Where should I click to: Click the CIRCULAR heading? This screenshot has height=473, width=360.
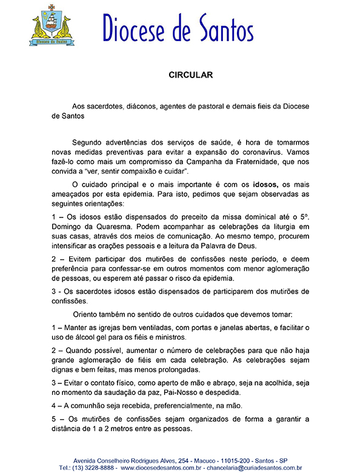pyautogui.click(x=189, y=76)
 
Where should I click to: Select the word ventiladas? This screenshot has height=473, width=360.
pyautogui.click(x=149, y=328)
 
